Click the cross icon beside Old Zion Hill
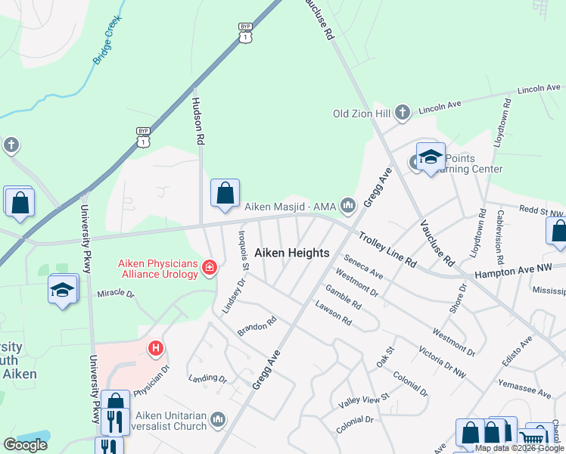403,113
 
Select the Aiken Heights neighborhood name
291,253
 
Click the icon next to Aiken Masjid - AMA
348,206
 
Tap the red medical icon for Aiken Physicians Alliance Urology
210,268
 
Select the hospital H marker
156,349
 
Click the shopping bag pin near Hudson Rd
225,194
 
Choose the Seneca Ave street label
364,266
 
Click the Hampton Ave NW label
520,271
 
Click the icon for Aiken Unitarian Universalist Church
219,419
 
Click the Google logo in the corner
25,445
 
